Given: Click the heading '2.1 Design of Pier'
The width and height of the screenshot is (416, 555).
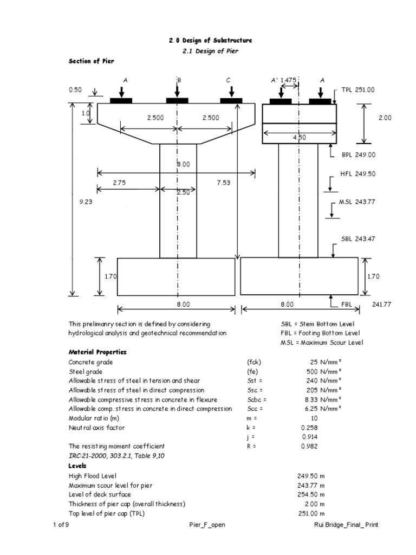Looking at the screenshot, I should click(x=209, y=51).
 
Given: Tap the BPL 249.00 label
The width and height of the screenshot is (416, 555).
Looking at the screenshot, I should click(x=358, y=154).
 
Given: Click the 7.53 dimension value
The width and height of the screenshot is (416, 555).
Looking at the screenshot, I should click(x=223, y=183).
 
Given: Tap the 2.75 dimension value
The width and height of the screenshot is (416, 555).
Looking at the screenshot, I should click(x=119, y=183).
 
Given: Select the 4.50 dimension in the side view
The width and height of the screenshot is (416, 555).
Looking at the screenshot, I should click(x=299, y=138).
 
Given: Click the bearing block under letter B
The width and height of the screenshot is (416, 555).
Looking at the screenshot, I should click(x=177, y=100).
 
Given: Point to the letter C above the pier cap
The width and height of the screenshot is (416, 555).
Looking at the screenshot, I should click(x=229, y=80).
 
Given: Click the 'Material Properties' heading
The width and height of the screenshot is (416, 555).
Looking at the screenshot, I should click(x=97, y=352).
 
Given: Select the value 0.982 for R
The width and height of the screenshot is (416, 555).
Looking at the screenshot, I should click(x=309, y=447).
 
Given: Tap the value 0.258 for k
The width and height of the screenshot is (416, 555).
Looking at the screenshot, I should click(x=309, y=428).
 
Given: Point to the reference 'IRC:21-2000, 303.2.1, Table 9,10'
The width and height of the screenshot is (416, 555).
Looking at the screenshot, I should click(x=116, y=456).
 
